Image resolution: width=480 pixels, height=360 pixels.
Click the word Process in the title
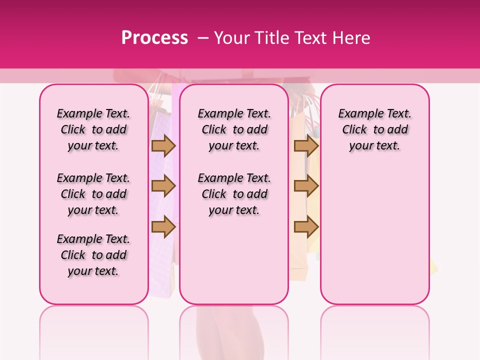point(154,37)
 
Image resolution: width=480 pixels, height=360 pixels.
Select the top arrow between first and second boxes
point(163,145)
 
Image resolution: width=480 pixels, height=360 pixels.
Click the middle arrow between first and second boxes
point(163,186)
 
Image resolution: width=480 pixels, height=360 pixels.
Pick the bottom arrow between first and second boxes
point(163,227)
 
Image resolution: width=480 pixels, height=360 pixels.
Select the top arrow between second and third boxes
point(306,145)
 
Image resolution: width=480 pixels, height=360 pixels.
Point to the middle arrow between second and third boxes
point(306,186)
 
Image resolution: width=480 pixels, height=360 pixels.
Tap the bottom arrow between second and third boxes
point(306,227)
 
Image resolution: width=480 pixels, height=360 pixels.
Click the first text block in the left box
point(93,129)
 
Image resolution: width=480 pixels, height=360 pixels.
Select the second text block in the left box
point(93,194)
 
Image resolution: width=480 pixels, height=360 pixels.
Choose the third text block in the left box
point(93,255)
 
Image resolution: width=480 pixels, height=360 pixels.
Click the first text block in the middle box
point(234,129)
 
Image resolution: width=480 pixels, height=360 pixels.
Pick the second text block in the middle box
point(234,194)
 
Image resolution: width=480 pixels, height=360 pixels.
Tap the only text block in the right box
point(374,129)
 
